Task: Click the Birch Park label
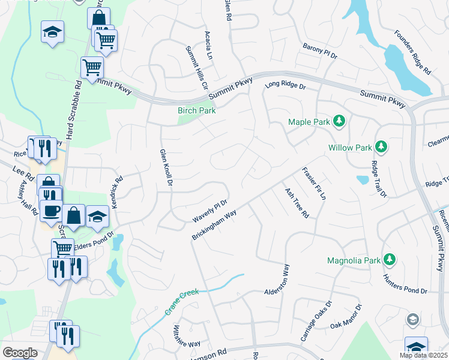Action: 196,110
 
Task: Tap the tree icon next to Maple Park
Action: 339,122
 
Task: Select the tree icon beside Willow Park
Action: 380,146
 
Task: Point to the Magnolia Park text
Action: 354,260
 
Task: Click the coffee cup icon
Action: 52,214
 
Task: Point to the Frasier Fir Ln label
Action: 314,183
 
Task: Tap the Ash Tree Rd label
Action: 297,203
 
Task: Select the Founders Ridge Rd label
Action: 414,52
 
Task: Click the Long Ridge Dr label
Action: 286,87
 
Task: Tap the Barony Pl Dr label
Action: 320,51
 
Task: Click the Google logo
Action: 20,353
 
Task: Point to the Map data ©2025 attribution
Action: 423,355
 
